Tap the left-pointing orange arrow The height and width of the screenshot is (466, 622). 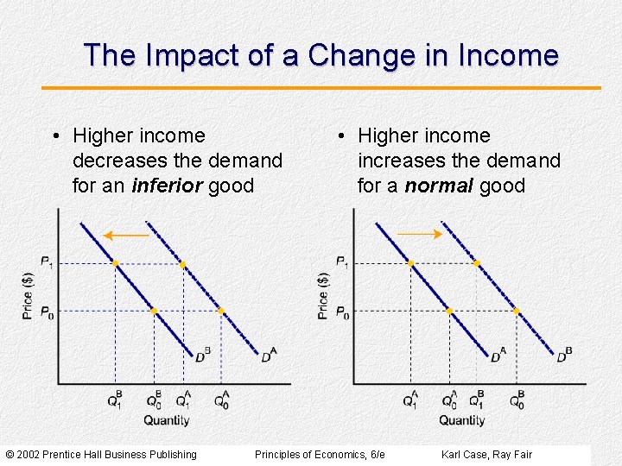point(126,234)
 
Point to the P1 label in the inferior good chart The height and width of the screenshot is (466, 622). point(47,262)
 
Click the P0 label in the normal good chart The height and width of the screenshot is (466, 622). point(342,312)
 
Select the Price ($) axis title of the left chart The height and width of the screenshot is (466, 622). point(28,295)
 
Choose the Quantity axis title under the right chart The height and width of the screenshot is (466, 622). point(461,420)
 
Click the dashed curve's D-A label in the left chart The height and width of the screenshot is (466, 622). point(269,355)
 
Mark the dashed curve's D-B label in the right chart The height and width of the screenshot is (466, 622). point(564,355)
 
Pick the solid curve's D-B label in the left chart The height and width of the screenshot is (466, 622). point(202,355)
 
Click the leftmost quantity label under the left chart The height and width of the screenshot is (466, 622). point(114,400)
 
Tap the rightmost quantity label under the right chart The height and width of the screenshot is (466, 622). point(517,400)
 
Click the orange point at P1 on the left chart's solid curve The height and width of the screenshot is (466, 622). point(115,263)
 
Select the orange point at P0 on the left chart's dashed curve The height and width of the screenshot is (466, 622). point(220,311)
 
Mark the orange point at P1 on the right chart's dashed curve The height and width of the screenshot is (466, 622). point(477,263)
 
